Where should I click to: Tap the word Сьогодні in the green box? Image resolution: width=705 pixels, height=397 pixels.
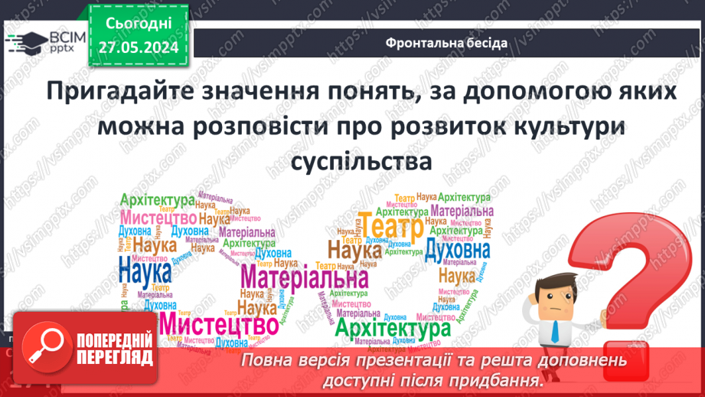pyautogui.click(x=137, y=24)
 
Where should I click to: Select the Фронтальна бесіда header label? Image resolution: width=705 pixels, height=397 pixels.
pyautogui.click(x=446, y=43)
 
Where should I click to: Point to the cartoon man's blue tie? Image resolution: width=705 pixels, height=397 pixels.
pyautogui.click(x=554, y=328)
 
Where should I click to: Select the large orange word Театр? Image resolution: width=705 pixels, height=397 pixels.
pyautogui.click(x=391, y=228)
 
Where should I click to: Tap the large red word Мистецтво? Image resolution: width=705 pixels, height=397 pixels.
pyautogui.click(x=211, y=326)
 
